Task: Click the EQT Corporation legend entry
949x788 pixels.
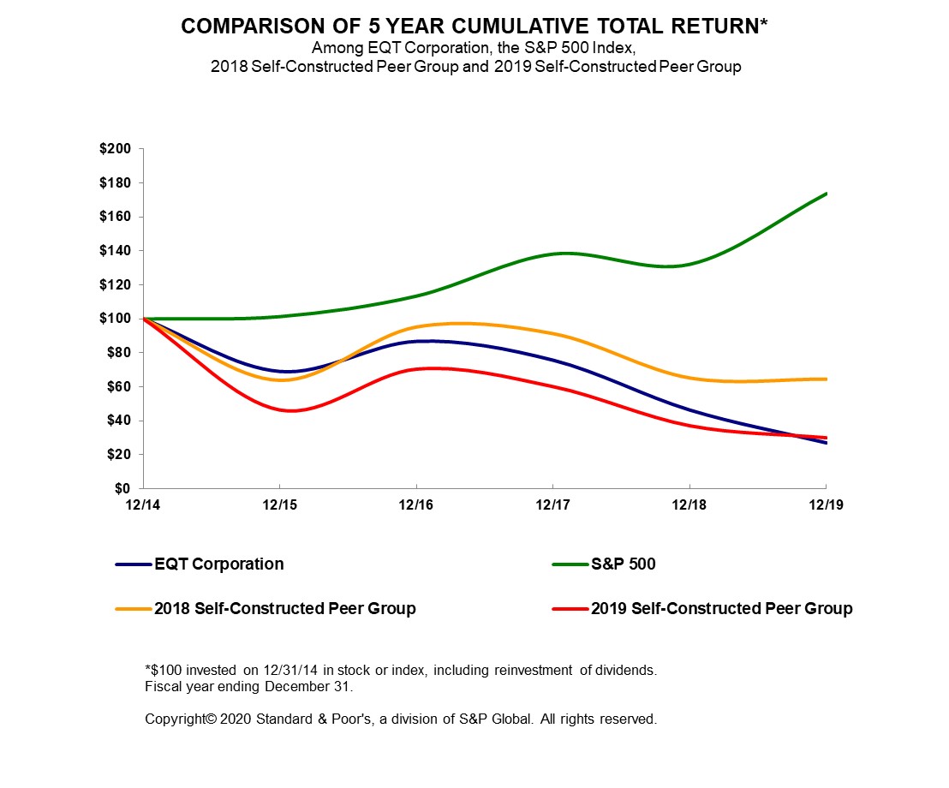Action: [x=218, y=564]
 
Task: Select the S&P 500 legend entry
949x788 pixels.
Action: [x=623, y=564]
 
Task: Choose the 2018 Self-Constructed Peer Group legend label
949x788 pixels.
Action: [x=284, y=609]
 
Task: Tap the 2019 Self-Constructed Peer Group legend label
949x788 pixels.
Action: [x=721, y=609]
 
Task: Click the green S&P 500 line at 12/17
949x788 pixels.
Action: [x=553, y=254]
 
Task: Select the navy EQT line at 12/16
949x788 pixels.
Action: [x=416, y=342]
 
